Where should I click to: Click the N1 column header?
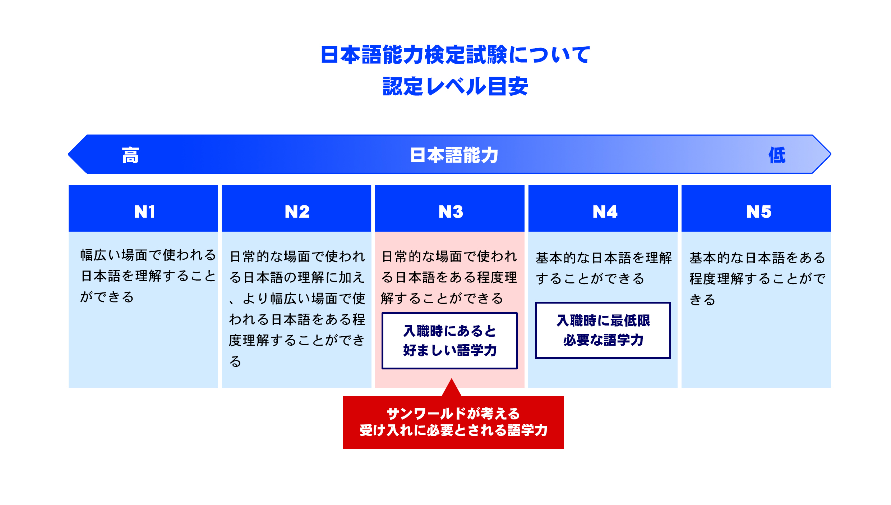click(x=143, y=208)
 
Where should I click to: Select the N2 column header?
click(x=296, y=208)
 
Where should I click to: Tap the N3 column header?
click(x=450, y=208)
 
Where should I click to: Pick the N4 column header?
click(x=603, y=208)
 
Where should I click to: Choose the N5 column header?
click(x=756, y=208)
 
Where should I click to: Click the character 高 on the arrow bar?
click(x=130, y=155)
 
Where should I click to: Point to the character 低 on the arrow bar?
click(x=777, y=155)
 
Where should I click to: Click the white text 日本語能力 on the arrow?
click(x=454, y=155)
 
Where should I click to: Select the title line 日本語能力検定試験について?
click(x=455, y=55)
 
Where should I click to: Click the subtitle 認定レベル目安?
click(x=455, y=86)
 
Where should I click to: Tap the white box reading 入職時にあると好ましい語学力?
click(x=449, y=341)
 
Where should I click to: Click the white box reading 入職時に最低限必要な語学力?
click(x=603, y=330)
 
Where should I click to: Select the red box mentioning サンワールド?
click(x=453, y=422)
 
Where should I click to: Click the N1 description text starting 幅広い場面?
click(x=148, y=276)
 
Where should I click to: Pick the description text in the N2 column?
click(x=297, y=309)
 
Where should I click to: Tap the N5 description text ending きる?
click(x=757, y=279)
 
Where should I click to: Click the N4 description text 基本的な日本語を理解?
click(x=604, y=268)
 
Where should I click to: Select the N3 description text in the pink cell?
click(x=449, y=277)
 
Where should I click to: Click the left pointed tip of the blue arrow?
click(x=68, y=154)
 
